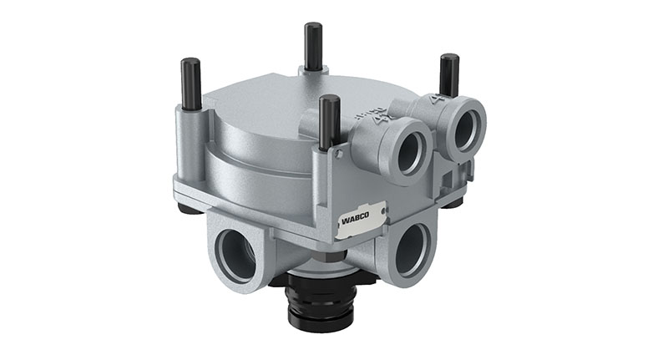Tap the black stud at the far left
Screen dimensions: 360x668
click(x=190, y=84)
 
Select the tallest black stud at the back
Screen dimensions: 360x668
click(x=314, y=46)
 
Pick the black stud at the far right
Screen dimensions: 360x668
click(x=449, y=76)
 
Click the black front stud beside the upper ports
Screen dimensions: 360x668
click(x=330, y=122)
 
